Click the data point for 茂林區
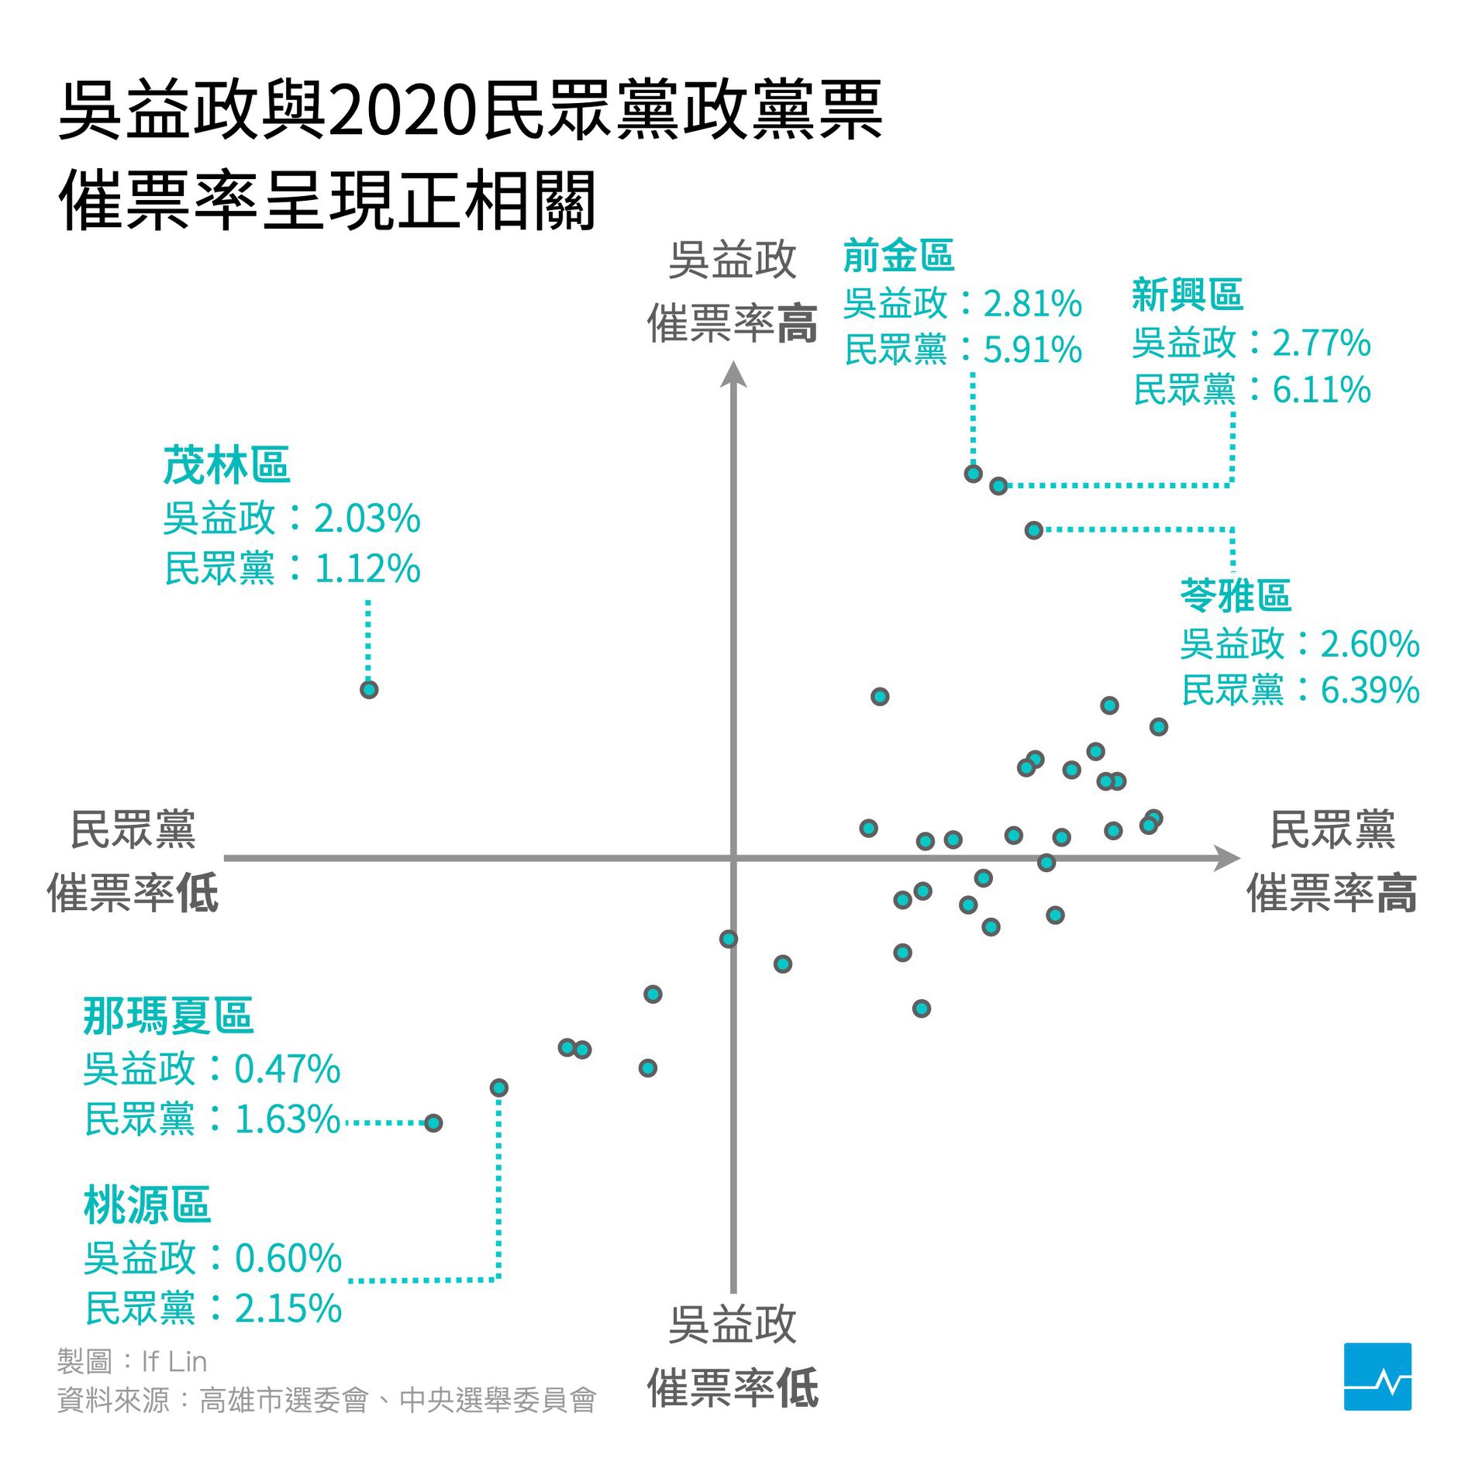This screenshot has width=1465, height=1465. click(x=369, y=689)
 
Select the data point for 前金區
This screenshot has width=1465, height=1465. click(x=974, y=474)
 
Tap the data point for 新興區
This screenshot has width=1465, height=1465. click(x=998, y=486)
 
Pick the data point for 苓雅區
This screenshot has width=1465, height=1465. click(x=1033, y=530)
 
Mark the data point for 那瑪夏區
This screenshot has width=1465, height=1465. click(x=433, y=1122)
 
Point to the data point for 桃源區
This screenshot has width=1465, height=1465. click(x=499, y=1088)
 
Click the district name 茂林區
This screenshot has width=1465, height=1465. click(x=226, y=465)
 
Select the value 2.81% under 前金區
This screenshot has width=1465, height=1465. click(x=1032, y=303)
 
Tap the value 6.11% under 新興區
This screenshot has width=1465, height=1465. click(x=1322, y=390)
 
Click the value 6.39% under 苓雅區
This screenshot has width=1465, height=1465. click(x=1370, y=690)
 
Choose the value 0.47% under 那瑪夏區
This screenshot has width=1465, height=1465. click(x=288, y=1069)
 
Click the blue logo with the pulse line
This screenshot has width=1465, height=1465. click(x=1377, y=1376)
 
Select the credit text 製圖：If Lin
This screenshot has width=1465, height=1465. click(x=133, y=1361)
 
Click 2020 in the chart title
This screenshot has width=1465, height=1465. click(x=403, y=112)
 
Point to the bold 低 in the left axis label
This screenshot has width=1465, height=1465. click(x=198, y=894)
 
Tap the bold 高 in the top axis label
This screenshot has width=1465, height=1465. click(x=798, y=324)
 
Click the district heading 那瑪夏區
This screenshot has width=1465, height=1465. click(x=168, y=1015)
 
